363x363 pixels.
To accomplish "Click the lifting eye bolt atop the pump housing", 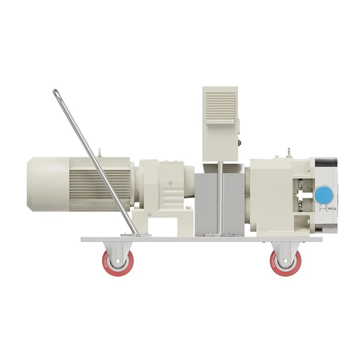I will coord(287,150).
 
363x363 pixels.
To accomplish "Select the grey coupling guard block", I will coord(207,204).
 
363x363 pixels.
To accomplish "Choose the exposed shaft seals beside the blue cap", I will coord(304,193).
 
